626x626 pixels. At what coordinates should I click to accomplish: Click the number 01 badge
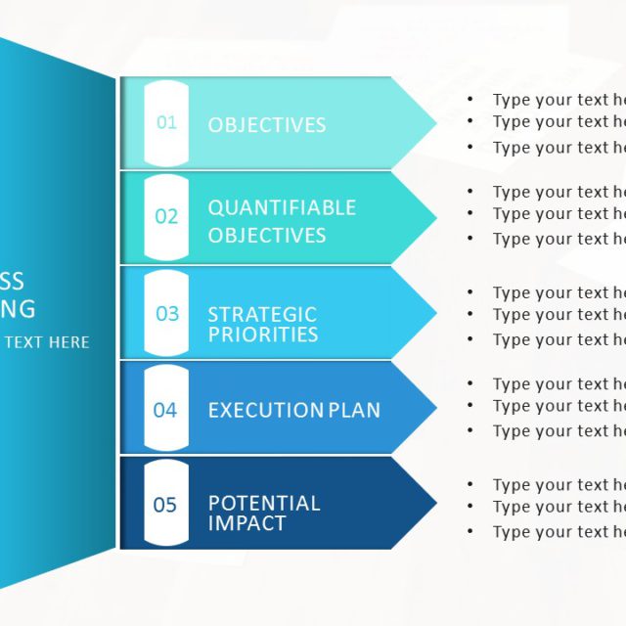[166, 123]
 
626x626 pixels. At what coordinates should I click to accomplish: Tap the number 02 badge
[166, 217]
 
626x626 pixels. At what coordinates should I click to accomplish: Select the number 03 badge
[166, 314]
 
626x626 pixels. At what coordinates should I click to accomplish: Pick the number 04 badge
[165, 410]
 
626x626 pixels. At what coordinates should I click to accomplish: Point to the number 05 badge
[165, 505]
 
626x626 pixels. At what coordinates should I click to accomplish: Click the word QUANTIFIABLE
[282, 207]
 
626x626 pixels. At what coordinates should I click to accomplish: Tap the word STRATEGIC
[262, 314]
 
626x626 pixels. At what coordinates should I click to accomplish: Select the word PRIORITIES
[262, 335]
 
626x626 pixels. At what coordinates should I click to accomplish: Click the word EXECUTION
[265, 410]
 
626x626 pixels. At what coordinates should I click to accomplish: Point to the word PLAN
[353, 410]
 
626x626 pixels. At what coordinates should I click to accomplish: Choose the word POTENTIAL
[264, 503]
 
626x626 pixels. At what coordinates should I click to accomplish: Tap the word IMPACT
[246, 523]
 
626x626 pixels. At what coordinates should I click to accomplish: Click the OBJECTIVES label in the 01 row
[266, 125]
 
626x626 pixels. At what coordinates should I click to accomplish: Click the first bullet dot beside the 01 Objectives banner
[470, 99]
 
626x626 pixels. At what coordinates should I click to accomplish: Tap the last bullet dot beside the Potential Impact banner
[470, 532]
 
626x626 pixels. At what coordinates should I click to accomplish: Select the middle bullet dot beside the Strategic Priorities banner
[470, 314]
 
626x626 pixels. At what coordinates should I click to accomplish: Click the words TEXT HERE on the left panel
[46, 342]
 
